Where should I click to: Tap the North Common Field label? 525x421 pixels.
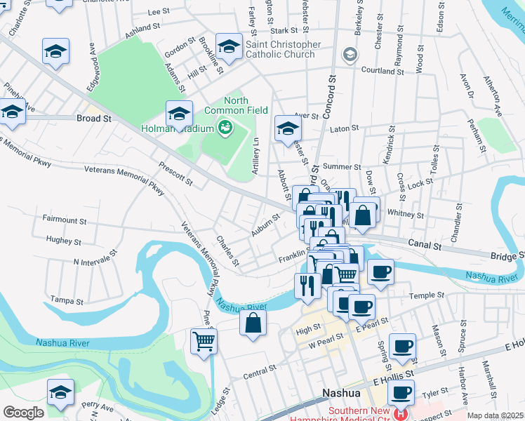pos(236,105)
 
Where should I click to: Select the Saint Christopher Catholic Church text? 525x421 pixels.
pos(283,50)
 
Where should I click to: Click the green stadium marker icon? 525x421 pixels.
pos(225,128)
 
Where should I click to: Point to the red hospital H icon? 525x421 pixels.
pos(401,414)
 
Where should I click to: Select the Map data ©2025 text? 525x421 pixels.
pos(495,415)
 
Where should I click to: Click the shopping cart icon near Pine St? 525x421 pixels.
pos(204,342)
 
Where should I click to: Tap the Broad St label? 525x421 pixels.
pos(94,119)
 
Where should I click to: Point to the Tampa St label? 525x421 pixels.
pos(67,301)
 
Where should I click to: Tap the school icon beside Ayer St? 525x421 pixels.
pos(287,128)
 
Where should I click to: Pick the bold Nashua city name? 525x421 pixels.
pos(341,394)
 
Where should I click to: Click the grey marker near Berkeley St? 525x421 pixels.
pos(349,55)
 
